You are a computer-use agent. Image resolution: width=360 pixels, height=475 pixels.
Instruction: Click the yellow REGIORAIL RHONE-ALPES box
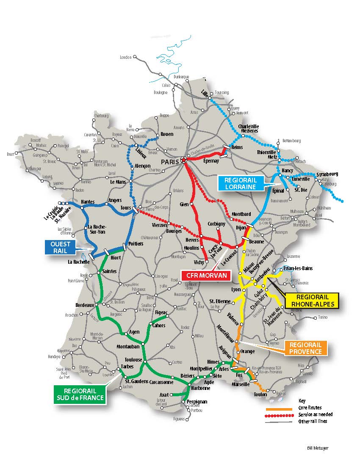click(313, 301)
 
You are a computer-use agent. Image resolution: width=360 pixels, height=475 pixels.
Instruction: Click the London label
click(126, 57)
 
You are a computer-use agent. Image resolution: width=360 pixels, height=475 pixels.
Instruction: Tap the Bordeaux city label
click(84, 305)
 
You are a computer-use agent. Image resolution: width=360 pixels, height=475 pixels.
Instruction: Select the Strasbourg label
click(327, 174)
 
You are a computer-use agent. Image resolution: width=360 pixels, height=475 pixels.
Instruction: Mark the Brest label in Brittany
click(10, 154)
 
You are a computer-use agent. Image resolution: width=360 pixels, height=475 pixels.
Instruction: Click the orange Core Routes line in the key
click(279, 409)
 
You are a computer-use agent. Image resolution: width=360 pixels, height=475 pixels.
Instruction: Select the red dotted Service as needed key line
click(279, 415)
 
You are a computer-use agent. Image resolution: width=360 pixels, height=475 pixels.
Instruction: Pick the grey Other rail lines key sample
click(279, 421)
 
